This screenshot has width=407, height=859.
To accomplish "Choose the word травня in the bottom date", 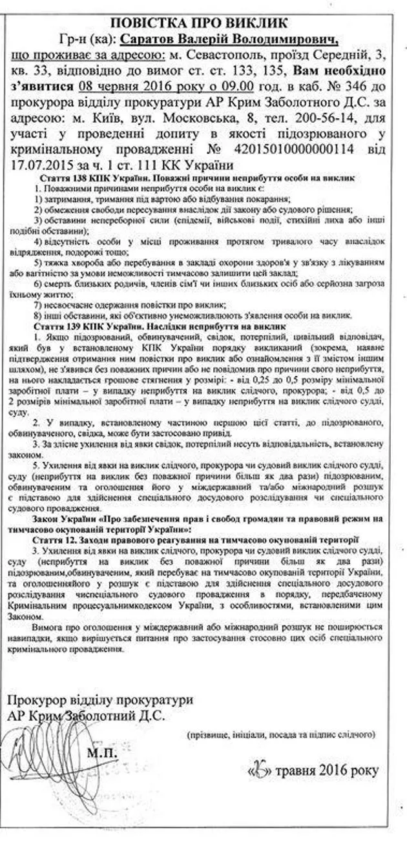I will [x=298, y=771].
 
